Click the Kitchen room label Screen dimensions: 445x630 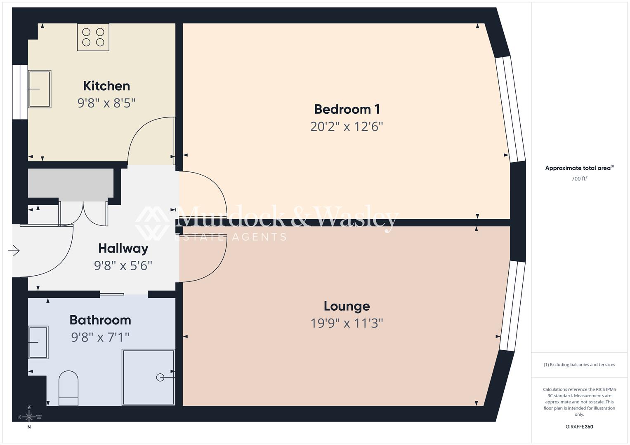click(x=106, y=86)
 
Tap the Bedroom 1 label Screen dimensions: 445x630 click(x=347, y=109)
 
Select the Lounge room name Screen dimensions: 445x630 click(x=347, y=306)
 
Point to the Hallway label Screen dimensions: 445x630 click(x=123, y=248)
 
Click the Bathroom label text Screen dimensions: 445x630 click(x=100, y=320)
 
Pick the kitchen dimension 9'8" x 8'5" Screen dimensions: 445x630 click(x=106, y=103)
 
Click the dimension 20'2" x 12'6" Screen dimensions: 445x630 click(x=347, y=126)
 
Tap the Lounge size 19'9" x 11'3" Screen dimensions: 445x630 click(x=347, y=323)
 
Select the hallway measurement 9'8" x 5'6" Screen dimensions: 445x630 click(x=123, y=266)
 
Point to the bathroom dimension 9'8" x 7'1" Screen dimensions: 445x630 click(x=100, y=337)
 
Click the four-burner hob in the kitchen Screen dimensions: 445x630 click(x=93, y=37)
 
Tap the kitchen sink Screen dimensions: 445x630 click(x=40, y=89)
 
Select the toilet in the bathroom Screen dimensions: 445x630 click(x=68, y=388)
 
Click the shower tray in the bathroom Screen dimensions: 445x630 click(x=149, y=377)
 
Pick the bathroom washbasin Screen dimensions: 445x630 click(x=38, y=342)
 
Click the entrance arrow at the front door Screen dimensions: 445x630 click(x=14, y=251)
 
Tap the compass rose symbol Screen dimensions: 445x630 click(x=29, y=417)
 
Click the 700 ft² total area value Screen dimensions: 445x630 click(x=579, y=179)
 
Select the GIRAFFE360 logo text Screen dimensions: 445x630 click(x=579, y=427)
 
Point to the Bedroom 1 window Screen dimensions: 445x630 click(x=510, y=109)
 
